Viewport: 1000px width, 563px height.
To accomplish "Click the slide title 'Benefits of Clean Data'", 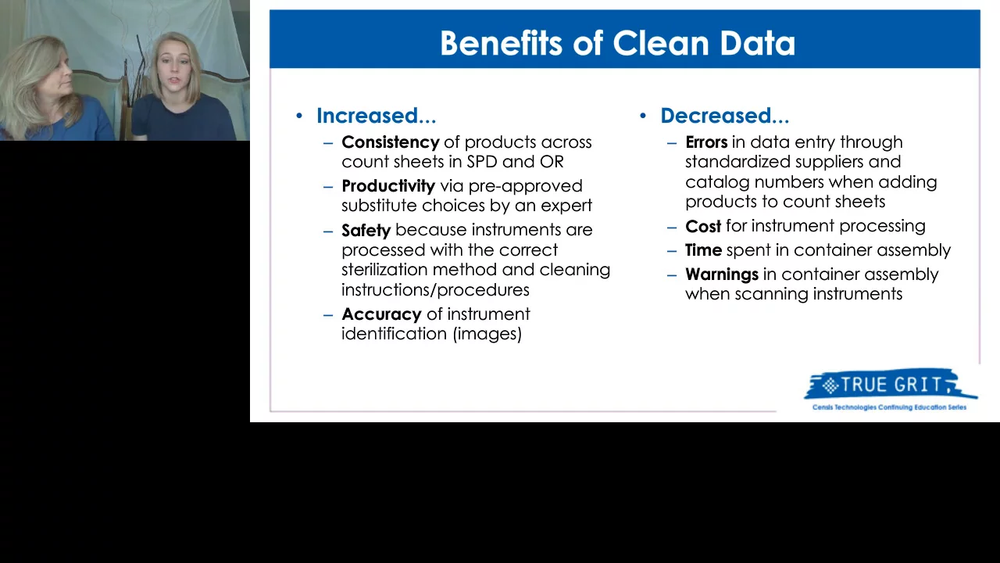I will click(x=617, y=43).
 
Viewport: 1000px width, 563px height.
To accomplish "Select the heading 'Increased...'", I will click(x=376, y=116).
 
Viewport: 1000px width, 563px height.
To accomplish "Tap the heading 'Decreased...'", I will click(x=724, y=116).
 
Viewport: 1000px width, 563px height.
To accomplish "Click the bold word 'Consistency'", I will click(x=390, y=142).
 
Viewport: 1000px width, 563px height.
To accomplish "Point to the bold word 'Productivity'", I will click(x=387, y=186).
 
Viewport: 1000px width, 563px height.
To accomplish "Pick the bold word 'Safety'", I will click(x=366, y=230).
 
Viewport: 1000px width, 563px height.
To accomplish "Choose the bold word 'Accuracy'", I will click(x=381, y=314).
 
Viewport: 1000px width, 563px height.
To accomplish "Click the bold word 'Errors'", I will click(x=705, y=142).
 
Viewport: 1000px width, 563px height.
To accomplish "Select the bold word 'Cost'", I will click(x=702, y=226).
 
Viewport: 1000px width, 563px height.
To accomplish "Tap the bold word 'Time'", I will click(x=703, y=250).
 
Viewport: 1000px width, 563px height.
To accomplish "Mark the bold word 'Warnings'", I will click(x=721, y=274).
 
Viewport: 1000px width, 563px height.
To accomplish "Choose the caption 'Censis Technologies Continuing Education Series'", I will click(x=889, y=407).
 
